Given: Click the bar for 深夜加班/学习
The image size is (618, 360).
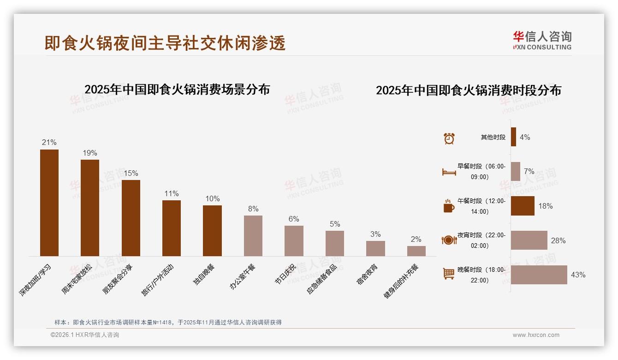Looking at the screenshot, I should [x=49, y=203].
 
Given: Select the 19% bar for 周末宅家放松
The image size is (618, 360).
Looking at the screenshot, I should [x=90, y=208].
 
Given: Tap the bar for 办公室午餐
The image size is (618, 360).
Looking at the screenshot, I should [x=253, y=235].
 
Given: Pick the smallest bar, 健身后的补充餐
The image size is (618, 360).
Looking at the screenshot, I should [x=416, y=251].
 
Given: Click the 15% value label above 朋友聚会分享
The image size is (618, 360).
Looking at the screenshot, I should [x=131, y=173].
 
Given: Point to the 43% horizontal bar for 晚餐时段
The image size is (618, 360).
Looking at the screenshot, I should [x=539, y=275].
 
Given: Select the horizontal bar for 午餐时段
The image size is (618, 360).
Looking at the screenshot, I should [x=523, y=206].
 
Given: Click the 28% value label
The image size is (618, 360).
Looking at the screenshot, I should [x=558, y=240].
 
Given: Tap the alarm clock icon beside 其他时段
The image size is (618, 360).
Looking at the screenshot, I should [x=449, y=138].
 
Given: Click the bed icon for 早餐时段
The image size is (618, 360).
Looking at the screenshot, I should [x=449, y=172].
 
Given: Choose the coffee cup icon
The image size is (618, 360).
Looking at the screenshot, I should [x=449, y=206].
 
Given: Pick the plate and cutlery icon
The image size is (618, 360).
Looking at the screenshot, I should [x=449, y=240].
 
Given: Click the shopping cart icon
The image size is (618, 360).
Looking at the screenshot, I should [x=449, y=274].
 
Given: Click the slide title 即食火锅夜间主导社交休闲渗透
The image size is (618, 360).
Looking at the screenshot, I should [x=165, y=43].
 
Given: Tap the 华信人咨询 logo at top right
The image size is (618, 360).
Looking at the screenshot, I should [x=542, y=40].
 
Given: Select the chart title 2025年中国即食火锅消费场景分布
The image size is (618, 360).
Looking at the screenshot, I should [x=177, y=89].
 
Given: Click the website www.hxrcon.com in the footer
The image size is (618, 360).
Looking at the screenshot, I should [x=536, y=335].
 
